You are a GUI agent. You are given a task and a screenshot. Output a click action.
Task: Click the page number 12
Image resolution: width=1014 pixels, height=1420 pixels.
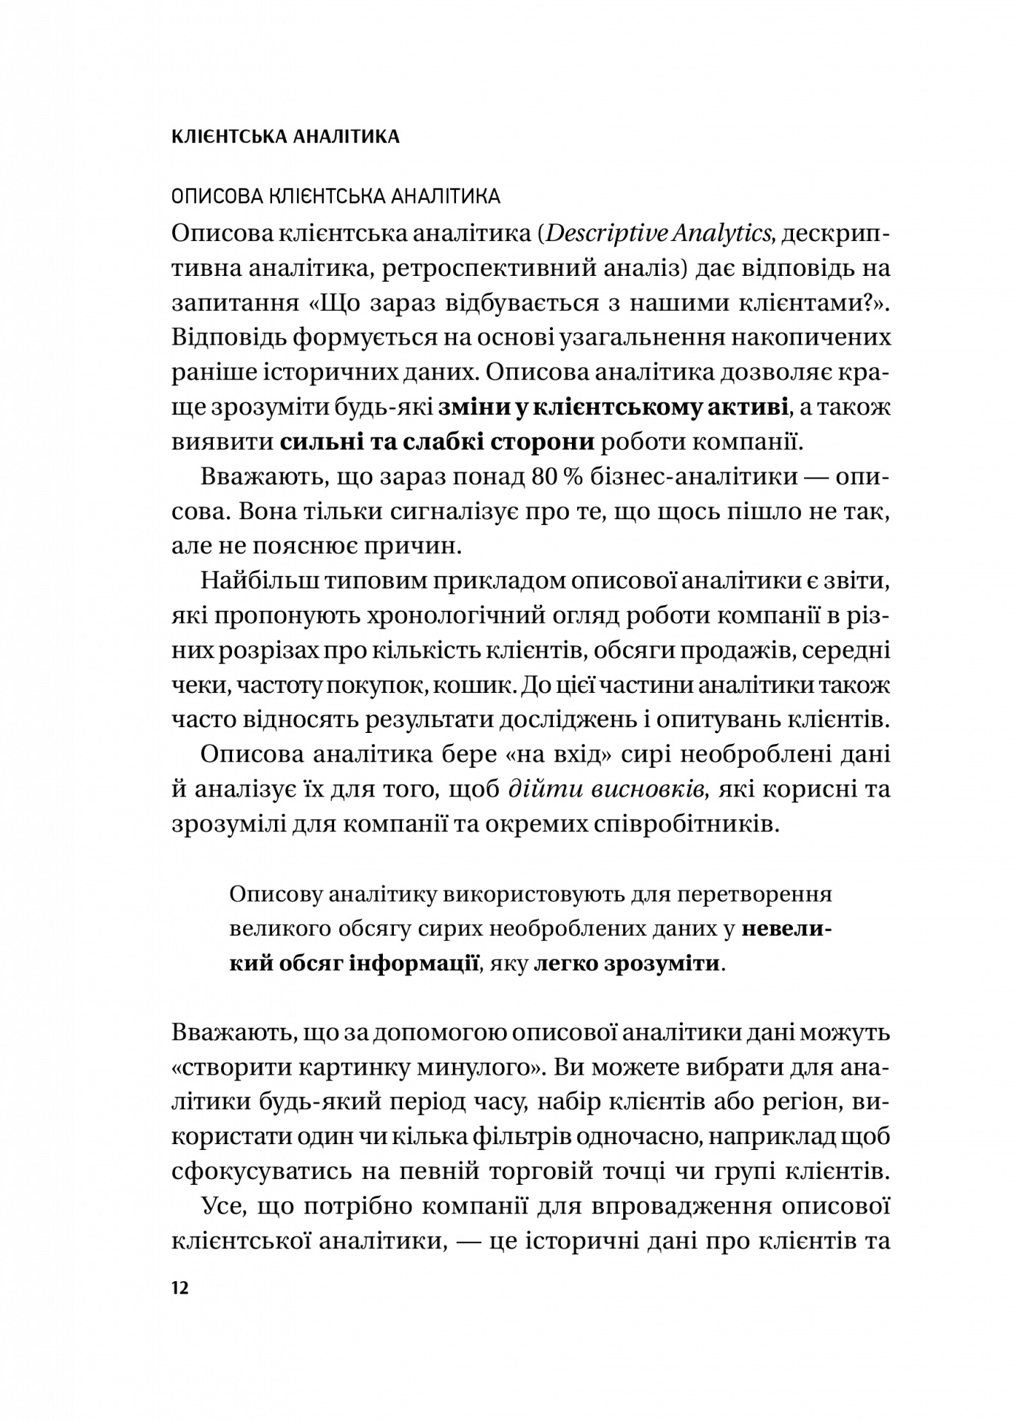pos(180,1288)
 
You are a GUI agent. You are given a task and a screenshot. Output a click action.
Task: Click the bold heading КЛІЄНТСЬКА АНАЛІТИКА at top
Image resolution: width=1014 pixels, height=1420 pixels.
pos(285,137)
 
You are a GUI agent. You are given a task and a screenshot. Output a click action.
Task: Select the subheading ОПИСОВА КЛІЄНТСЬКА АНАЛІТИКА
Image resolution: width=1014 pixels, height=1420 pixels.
pos(336,197)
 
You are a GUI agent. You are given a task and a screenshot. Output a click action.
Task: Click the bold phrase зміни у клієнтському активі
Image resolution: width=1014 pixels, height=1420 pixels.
pos(613,408)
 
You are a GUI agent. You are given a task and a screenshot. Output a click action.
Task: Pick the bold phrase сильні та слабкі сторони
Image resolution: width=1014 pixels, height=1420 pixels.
pos(438,442)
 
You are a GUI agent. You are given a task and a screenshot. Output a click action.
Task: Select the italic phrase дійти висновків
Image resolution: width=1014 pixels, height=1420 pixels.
pos(610,789)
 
